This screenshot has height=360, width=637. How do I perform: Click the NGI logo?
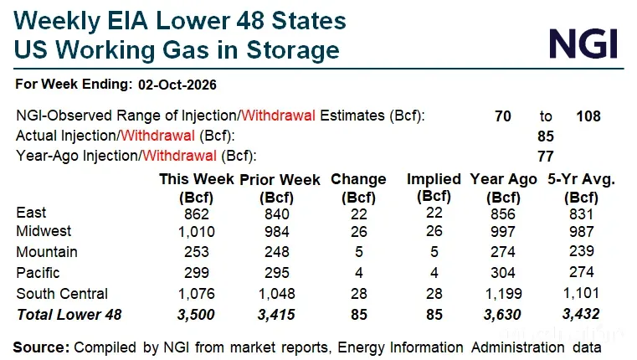(583, 44)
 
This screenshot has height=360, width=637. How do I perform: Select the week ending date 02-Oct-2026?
(177, 85)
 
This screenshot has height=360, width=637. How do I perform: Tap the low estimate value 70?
(502, 116)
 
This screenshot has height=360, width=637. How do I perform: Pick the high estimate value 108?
(588, 116)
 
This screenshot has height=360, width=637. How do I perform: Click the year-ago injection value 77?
(546, 157)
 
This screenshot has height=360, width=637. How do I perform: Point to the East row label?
(31, 213)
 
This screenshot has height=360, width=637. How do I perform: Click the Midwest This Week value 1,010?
(197, 232)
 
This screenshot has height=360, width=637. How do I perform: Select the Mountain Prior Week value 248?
(277, 252)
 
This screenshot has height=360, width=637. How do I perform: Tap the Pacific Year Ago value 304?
(503, 273)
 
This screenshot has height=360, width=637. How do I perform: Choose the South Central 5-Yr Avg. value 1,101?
(582, 293)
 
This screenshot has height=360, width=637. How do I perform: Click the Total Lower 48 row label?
(69, 315)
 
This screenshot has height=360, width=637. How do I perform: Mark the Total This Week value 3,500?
(196, 315)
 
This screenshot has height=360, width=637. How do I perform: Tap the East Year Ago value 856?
(503, 214)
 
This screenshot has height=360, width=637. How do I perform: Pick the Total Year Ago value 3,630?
(502, 315)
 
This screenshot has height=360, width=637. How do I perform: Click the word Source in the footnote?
(41, 347)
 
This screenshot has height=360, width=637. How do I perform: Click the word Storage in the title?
(293, 50)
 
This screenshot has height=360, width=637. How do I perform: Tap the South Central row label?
(62, 294)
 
